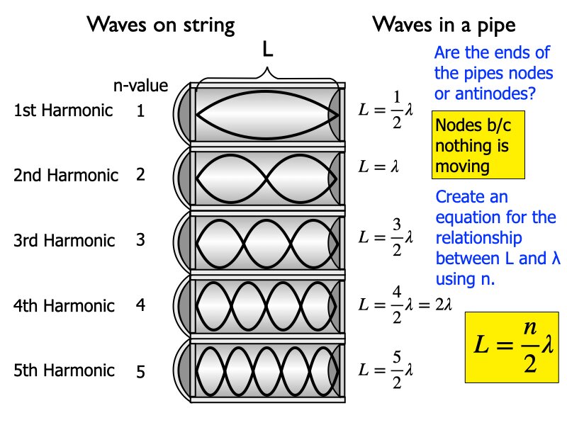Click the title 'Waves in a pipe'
(x=444, y=25)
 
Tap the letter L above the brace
(x=267, y=50)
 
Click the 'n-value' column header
(x=141, y=86)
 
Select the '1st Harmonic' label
(x=63, y=110)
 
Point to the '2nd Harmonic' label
(x=66, y=175)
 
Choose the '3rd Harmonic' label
(x=65, y=240)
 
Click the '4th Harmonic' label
(x=64, y=305)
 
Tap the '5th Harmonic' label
(x=64, y=370)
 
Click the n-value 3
(x=140, y=240)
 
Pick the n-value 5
(x=140, y=371)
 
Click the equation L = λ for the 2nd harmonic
(x=379, y=168)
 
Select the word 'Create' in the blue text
(x=461, y=197)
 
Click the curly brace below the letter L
(x=267, y=73)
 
